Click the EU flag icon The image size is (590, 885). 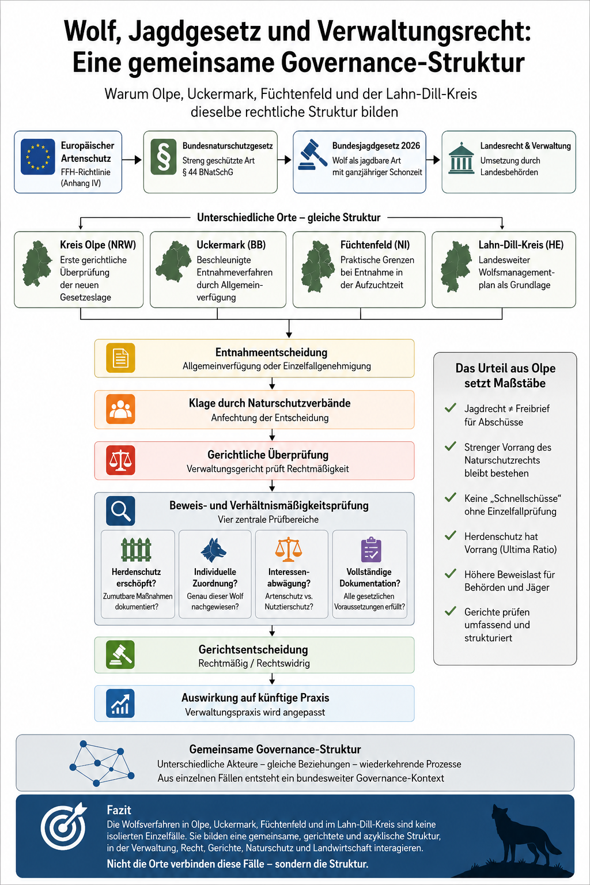[x=37, y=157]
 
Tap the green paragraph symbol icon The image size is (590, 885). [x=164, y=157]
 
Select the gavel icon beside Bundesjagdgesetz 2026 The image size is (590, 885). [x=312, y=154]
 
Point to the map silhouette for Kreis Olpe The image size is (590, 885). [x=37, y=263]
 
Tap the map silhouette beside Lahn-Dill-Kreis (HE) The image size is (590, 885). [x=456, y=266]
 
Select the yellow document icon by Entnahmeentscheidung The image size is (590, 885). [x=120, y=358]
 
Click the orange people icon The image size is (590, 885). [x=120, y=409]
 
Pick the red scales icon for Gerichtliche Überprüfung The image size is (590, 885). [x=120, y=460]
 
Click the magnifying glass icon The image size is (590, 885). [x=120, y=511]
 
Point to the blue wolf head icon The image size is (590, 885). [x=213, y=550]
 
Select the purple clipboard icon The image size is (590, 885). [x=371, y=549]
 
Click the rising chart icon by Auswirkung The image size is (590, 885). [x=120, y=704]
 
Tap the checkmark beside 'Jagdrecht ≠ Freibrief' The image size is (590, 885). [x=451, y=408]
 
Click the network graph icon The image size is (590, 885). [x=101, y=763]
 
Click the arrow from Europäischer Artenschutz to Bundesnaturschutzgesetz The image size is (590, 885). [x=131, y=160]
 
